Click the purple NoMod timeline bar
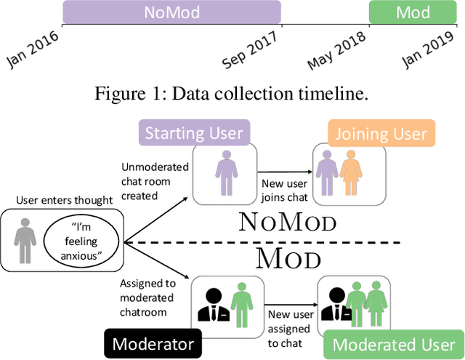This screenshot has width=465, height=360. click(171, 13)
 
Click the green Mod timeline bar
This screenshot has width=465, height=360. click(413, 13)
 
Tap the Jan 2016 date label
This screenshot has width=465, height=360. click(33, 50)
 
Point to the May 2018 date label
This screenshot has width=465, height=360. click(336, 52)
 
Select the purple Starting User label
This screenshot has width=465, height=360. click(193, 133)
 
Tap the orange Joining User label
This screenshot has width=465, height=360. click(381, 134)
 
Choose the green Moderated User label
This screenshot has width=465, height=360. click(393, 343)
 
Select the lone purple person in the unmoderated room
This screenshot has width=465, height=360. click(223, 173)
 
